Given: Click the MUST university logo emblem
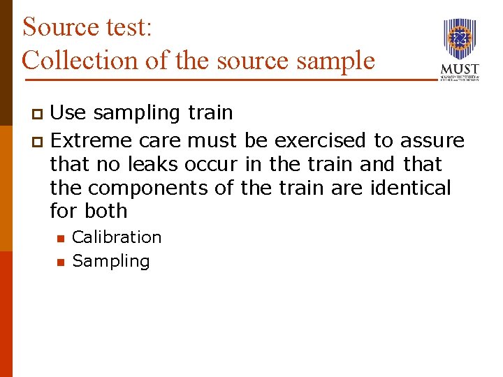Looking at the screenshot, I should [460, 40].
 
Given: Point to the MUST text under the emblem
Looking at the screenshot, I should [460, 70].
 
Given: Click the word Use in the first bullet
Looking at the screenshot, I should [68, 112].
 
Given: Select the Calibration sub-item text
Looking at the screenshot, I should [117, 237].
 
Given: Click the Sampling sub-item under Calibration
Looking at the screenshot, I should [111, 261].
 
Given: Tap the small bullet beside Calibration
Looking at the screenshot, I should [60, 239].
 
